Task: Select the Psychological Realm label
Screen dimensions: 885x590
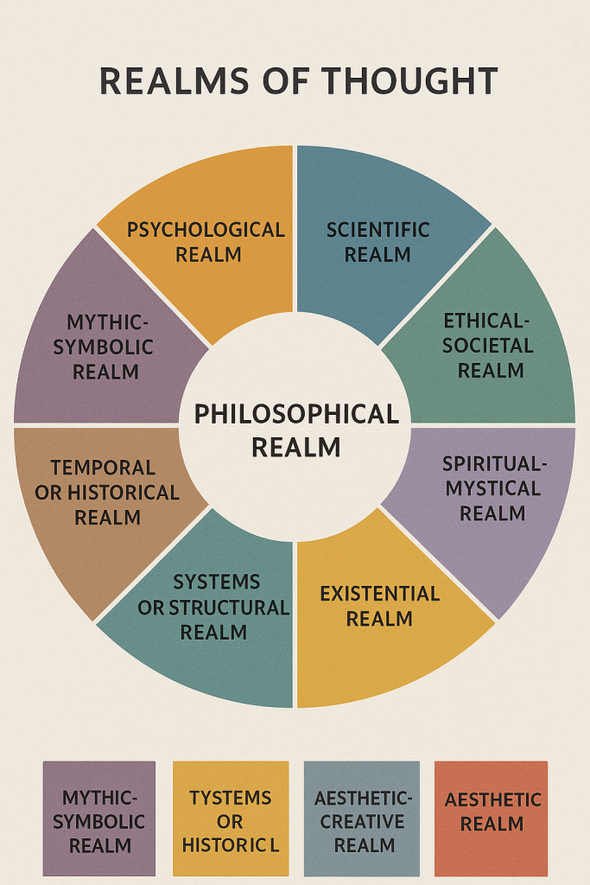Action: [206, 242]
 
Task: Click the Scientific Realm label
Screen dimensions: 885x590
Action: [377, 242]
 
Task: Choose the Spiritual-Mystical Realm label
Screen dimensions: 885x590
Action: [494, 488]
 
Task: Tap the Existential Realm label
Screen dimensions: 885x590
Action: [379, 607]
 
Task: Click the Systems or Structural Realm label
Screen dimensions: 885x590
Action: [213, 607]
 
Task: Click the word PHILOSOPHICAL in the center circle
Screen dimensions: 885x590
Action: [296, 415]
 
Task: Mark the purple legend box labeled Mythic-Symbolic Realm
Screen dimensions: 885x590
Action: [98, 818]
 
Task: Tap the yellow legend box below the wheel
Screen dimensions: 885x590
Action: [230, 818]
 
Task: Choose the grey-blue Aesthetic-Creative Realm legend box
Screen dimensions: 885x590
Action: [362, 818]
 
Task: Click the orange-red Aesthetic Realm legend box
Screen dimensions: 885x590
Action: [492, 818]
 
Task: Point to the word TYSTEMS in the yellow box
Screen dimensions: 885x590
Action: [230, 797]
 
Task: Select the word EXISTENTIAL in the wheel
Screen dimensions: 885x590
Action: [379, 595]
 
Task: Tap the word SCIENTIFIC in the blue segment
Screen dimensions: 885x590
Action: [377, 230]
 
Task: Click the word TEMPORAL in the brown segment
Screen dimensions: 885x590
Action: [103, 468]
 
